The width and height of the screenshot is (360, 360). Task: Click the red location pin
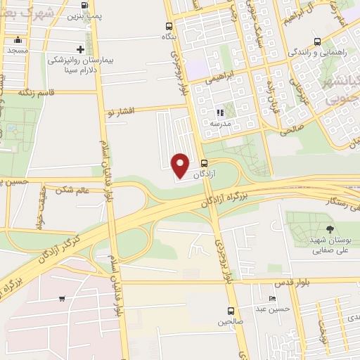coord(181,165)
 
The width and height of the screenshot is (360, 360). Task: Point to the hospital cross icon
coord(81,49)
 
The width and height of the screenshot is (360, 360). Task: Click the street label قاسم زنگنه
coord(37,92)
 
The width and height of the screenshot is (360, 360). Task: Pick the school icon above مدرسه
coord(220,112)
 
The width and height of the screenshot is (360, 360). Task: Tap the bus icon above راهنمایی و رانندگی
coord(317,41)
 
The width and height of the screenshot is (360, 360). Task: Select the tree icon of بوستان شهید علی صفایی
coord(330,229)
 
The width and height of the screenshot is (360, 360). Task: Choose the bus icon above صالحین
coord(231,311)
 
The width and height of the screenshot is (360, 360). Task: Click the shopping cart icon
coord(63,299)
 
